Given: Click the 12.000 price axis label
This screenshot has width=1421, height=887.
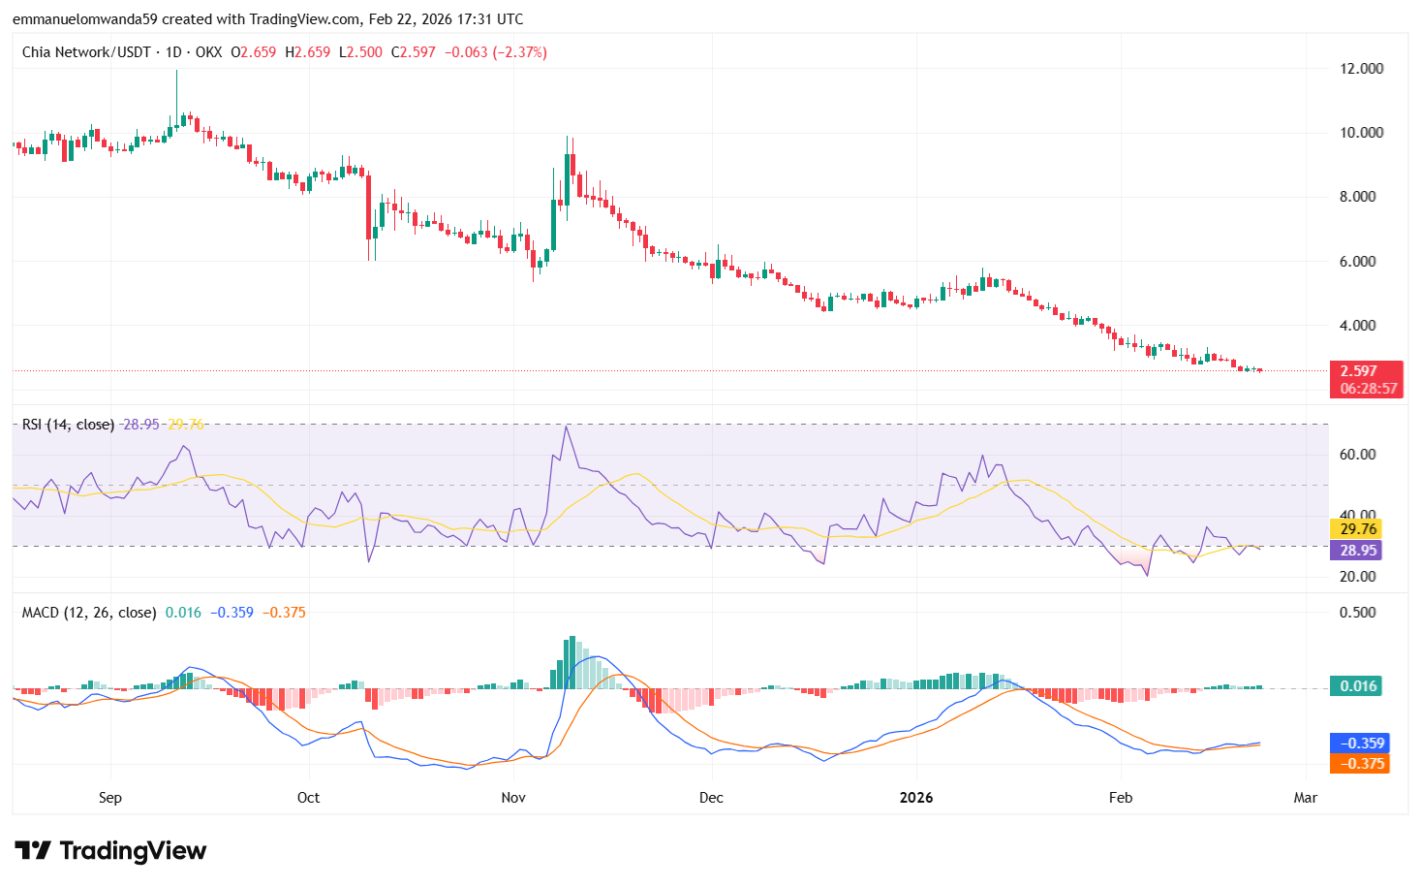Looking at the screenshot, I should [1361, 69].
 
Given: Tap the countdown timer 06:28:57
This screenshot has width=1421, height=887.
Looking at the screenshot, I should [1368, 389].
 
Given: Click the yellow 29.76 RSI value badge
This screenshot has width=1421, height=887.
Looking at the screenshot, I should [1358, 529].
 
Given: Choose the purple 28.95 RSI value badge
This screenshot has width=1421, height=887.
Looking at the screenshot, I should [1358, 551].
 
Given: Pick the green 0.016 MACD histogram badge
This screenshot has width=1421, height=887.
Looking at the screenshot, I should [1358, 686].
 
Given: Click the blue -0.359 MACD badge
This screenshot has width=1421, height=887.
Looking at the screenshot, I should [1362, 744].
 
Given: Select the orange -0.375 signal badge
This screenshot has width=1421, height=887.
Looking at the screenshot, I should [1362, 764].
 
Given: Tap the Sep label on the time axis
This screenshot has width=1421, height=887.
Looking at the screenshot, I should [110, 798].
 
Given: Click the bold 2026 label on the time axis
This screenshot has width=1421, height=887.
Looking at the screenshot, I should [915, 798].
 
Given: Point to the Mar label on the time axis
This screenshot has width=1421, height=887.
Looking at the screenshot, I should [1306, 798].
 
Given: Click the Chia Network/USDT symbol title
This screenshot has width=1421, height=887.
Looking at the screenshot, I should [86, 52].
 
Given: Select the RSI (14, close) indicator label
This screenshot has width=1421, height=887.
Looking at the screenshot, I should [68, 425].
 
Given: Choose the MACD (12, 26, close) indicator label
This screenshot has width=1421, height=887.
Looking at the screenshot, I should [89, 613].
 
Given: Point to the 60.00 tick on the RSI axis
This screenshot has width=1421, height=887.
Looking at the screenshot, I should [1357, 455].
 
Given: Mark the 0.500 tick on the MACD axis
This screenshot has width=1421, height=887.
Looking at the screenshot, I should [1357, 613].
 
